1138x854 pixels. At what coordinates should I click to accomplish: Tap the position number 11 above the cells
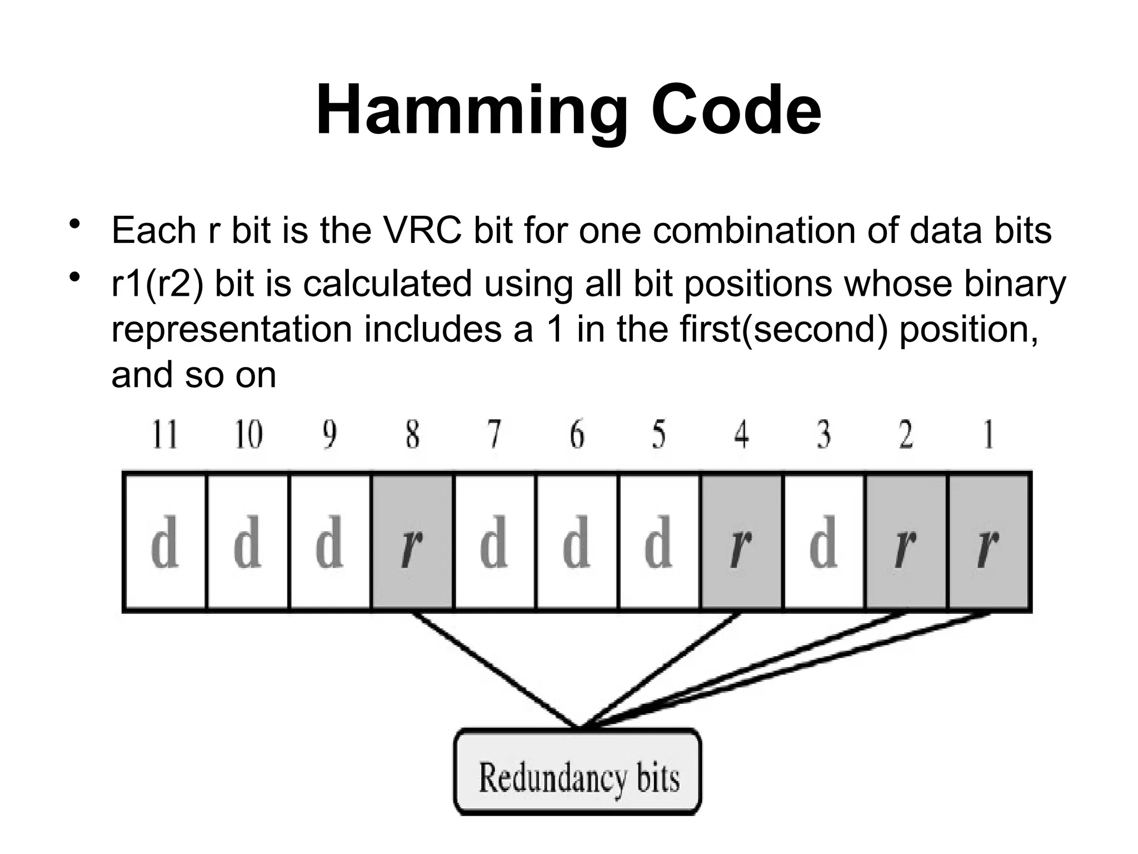click(x=165, y=435)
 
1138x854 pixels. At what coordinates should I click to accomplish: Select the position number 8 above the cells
click(x=412, y=435)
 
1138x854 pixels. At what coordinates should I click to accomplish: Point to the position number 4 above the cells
click(x=741, y=435)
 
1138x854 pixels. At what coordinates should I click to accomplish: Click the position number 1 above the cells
click(x=988, y=435)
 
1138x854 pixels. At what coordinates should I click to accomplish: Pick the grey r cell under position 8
click(x=412, y=542)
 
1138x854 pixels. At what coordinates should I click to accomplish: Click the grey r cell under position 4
click(x=741, y=542)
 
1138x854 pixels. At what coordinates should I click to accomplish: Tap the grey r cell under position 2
click(x=906, y=542)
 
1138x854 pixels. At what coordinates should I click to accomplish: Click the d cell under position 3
click(x=823, y=542)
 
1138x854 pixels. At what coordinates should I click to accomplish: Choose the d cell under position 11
click(x=164, y=542)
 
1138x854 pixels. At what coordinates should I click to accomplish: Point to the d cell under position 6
click(x=576, y=542)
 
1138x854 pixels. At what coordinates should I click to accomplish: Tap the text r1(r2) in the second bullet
click(x=157, y=284)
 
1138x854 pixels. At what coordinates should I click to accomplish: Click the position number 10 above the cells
click(x=248, y=435)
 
